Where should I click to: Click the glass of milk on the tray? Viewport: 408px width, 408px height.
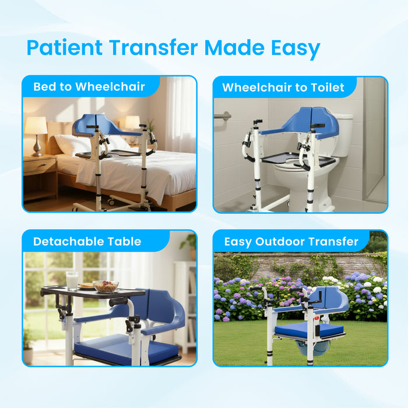(x=72, y=280)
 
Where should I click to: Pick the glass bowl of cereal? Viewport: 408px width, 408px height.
(x=105, y=286)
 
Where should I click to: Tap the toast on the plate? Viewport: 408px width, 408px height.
(x=87, y=286)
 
